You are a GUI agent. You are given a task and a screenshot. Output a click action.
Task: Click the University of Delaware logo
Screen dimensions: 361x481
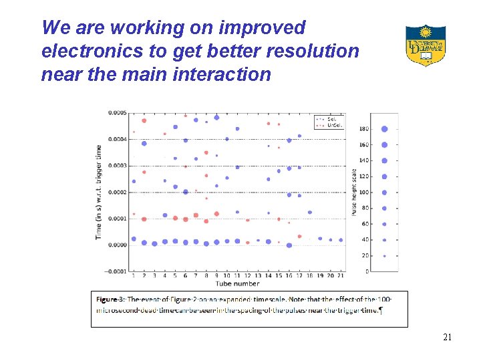(x=425, y=45)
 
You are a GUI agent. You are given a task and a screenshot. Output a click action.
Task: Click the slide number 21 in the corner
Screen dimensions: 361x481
(x=448, y=338)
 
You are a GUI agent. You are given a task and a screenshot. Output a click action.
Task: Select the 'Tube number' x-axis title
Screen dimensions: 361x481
(x=237, y=283)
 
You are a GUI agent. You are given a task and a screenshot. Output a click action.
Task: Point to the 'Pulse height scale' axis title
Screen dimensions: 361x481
(x=354, y=192)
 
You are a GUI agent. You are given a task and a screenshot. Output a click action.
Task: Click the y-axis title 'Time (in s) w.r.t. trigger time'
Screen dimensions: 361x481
(x=98, y=192)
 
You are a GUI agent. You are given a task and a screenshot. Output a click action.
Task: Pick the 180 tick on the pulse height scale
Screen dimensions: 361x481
(x=364, y=129)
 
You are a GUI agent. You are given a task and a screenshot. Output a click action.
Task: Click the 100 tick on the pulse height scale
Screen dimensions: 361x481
(x=364, y=193)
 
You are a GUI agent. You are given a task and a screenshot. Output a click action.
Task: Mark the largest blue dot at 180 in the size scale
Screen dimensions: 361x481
(x=384, y=129)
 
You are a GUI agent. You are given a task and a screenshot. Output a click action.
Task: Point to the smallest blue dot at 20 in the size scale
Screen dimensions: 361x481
(x=384, y=256)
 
